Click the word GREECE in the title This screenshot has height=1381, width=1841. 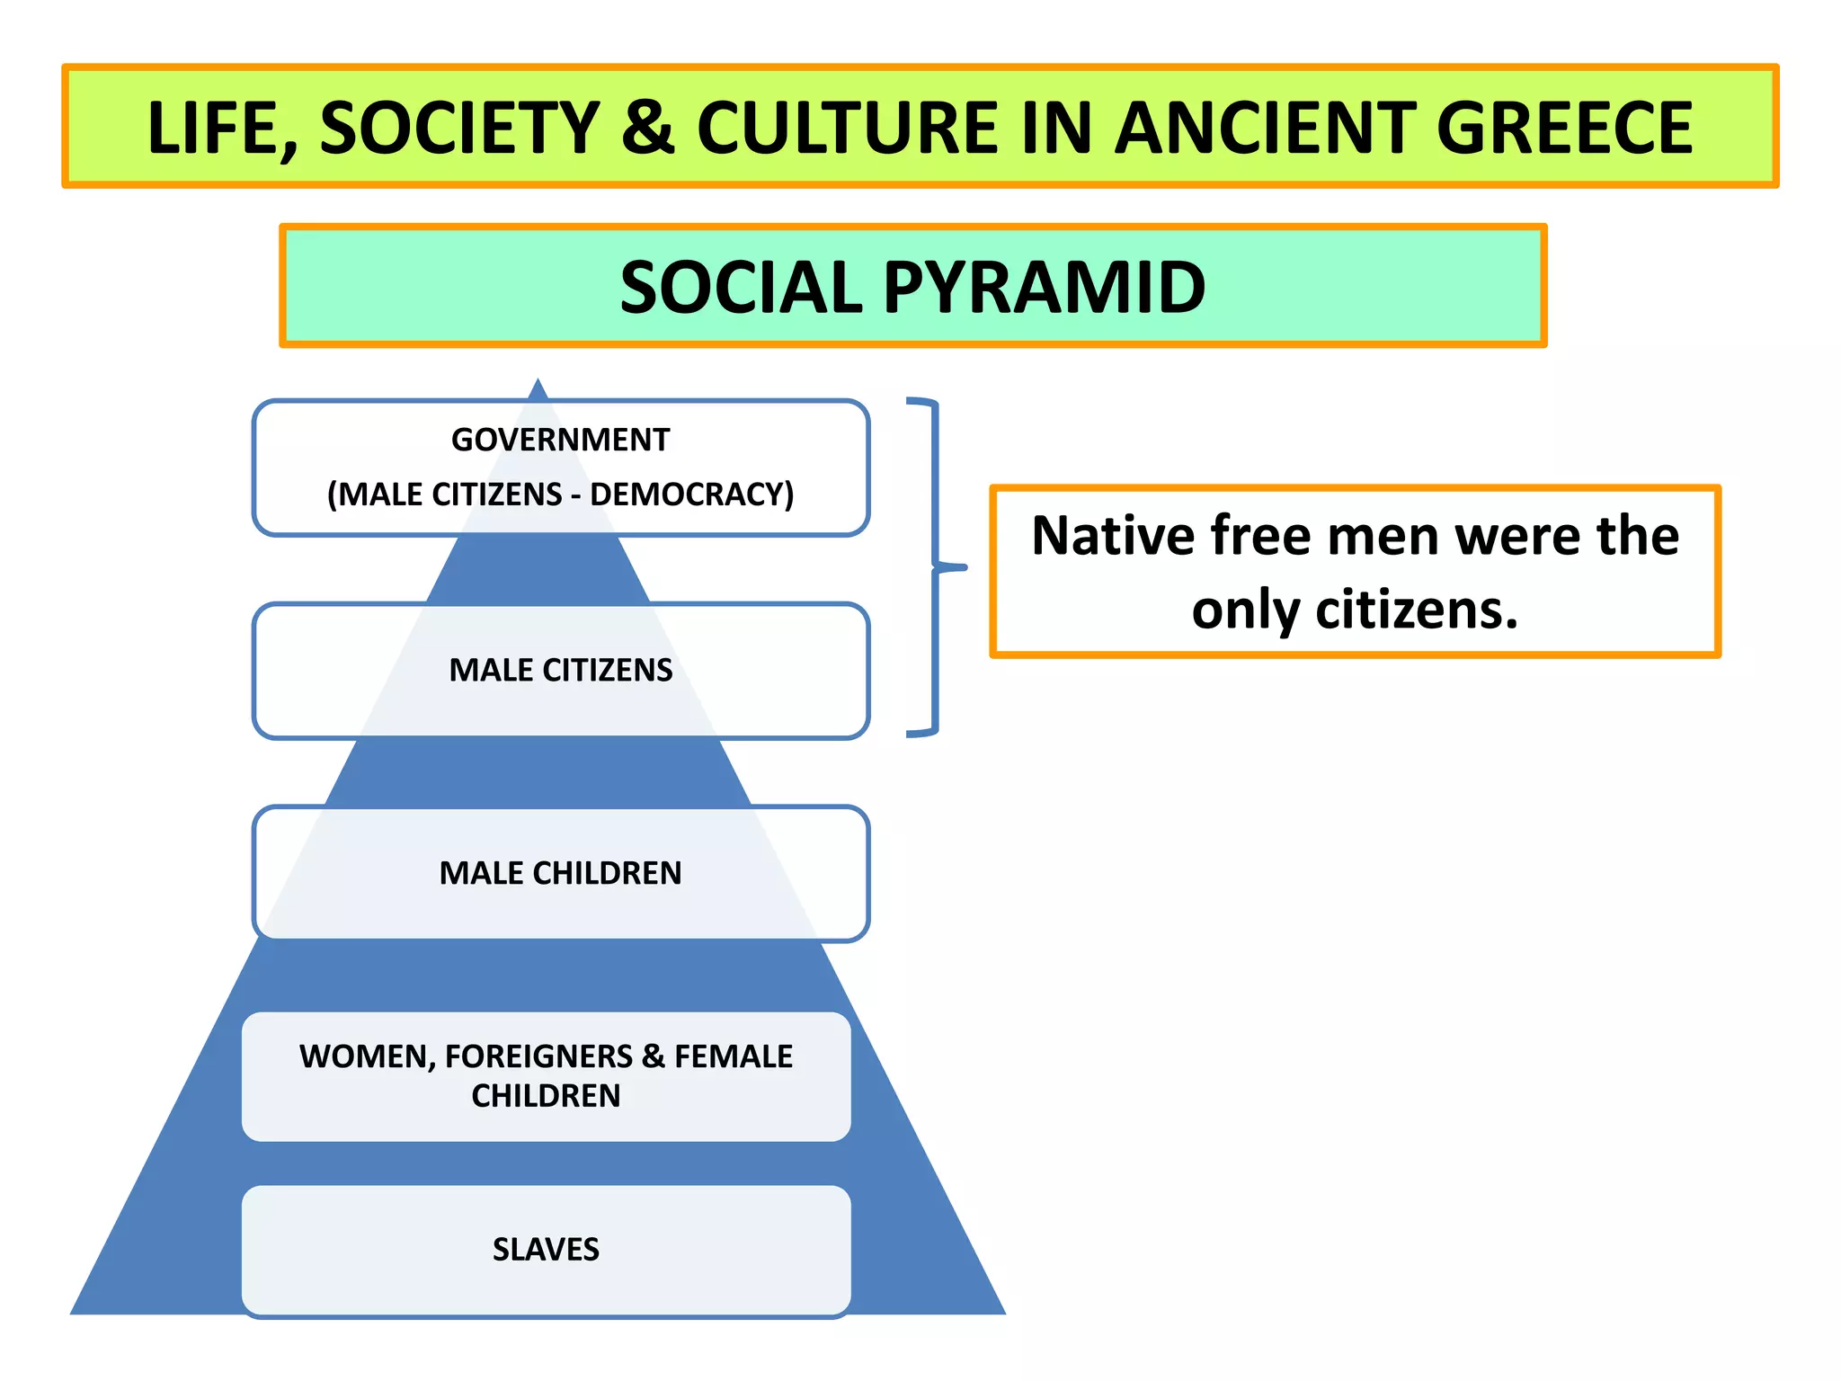tap(1564, 128)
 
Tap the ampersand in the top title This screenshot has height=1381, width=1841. tap(648, 128)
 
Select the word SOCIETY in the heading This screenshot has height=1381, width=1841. tap(459, 128)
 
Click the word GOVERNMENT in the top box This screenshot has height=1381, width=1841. tap(560, 440)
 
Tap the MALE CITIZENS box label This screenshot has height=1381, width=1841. tap(560, 670)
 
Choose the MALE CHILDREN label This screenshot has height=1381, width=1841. tap(560, 873)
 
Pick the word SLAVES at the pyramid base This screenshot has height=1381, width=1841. tap(546, 1249)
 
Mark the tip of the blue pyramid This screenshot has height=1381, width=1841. tap(538, 381)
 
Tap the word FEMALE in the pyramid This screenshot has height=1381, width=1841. tap(734, 1056)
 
